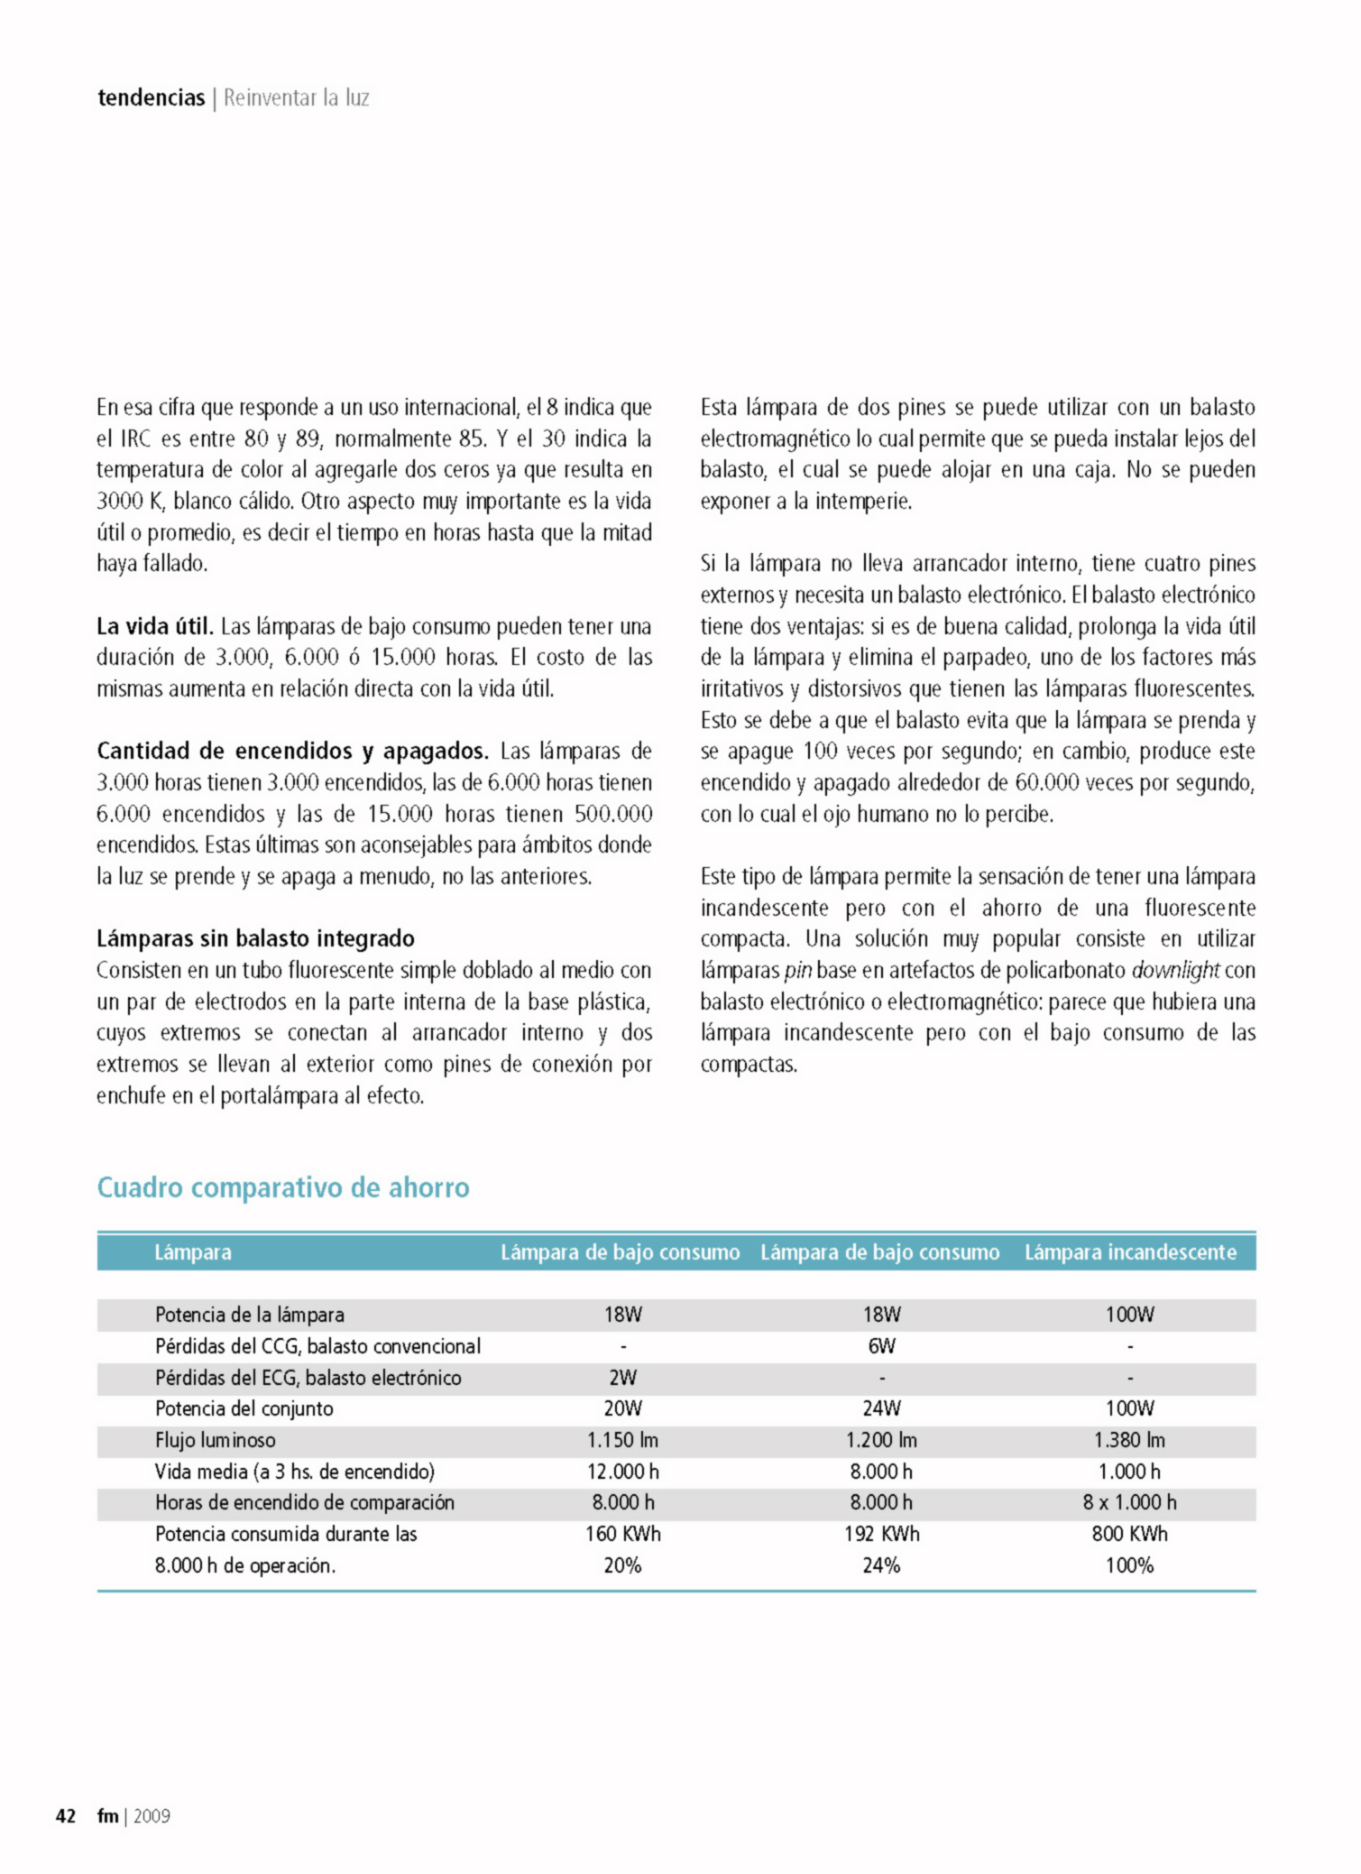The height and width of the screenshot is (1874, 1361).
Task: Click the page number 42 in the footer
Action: point(66,1815)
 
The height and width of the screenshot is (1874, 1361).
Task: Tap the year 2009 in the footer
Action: point(152,1815)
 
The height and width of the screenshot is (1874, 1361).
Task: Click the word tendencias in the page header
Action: point(152,97)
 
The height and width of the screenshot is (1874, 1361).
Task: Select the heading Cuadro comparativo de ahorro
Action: point(283,1187)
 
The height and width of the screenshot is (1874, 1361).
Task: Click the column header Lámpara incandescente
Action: point(1130,1252)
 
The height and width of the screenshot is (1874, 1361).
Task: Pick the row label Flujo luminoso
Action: point(216,1440)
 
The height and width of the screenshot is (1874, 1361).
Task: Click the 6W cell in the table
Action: point(881,1346)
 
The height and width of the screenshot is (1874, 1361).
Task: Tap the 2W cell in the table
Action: point(622,1378)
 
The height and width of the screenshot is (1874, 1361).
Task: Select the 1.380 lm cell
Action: point(1129,1440)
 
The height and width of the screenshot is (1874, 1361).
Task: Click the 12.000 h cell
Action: point(622,1472)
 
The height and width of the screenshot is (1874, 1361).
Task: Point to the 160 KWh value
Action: point(622,1534)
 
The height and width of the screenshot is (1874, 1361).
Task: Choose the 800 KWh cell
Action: point(1129,1534)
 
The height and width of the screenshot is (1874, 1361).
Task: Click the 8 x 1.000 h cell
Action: point(1129,1502)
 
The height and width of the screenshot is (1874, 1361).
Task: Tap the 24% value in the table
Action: point(881,1565)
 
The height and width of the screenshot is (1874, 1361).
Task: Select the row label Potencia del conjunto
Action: point(244,1408)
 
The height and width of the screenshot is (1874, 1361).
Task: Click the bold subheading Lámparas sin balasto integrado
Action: point(255,938)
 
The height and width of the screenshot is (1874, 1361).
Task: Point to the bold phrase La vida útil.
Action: point(154,626)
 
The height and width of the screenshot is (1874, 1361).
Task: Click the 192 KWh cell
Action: point(881,1534)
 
